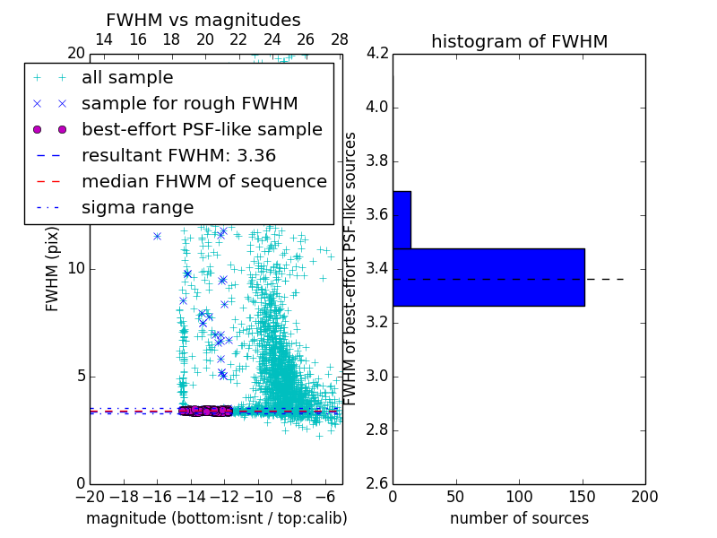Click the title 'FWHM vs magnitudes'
203,20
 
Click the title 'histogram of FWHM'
519,41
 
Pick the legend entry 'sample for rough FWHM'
189,103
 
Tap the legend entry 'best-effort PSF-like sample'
202,129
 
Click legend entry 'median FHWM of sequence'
204,181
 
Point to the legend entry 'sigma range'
137,207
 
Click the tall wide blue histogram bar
488,277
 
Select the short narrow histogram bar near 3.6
402,220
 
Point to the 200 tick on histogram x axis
644,496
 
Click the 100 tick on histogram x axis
519,496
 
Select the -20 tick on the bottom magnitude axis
90,496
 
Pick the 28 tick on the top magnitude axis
340,39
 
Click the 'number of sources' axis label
519,518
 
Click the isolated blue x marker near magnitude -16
157,236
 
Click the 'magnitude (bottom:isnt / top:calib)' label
216,518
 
